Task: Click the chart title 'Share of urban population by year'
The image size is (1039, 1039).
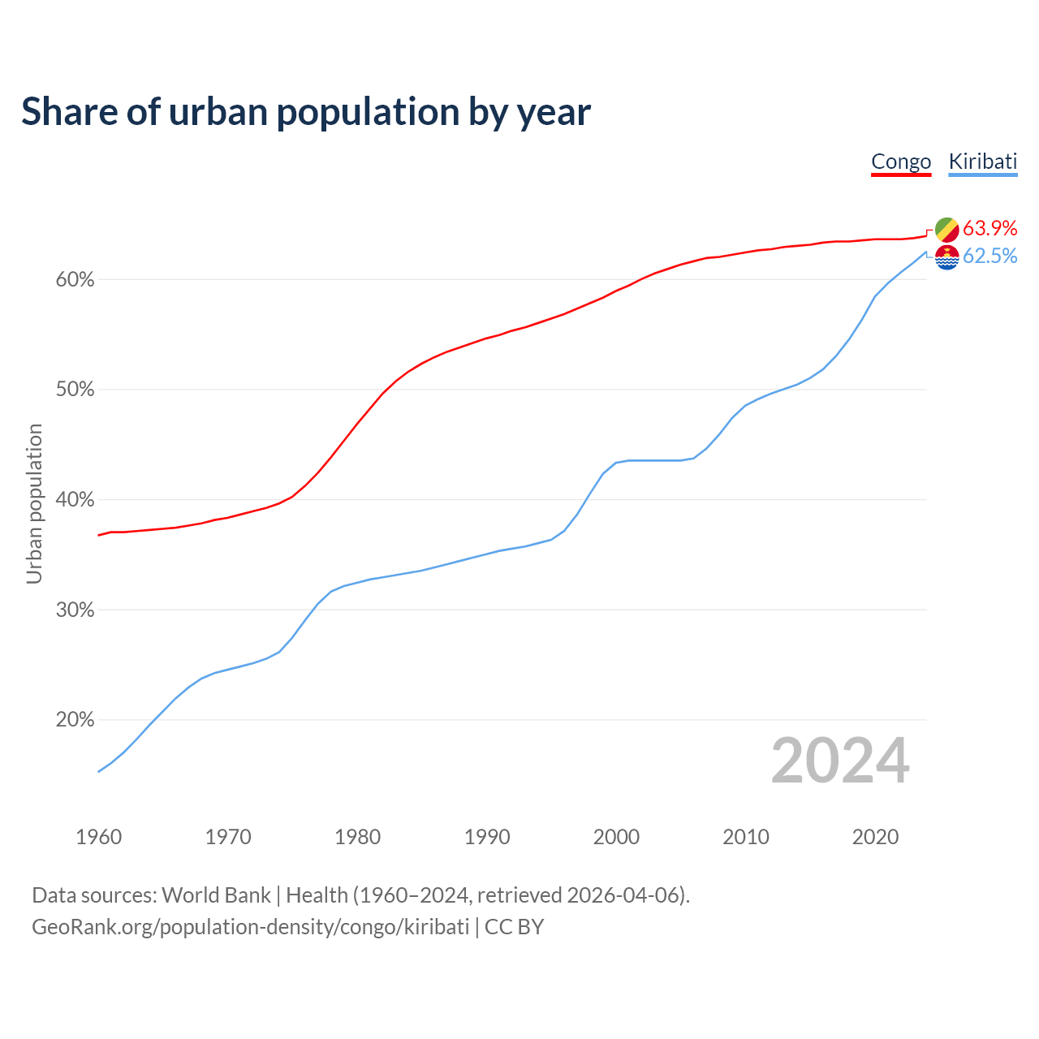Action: pyautogui.click(x=306, y=112)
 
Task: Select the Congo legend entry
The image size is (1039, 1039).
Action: pyautogui.click(x=901, y=162)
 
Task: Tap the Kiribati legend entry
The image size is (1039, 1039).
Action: pyautogui.click(x=982, y=162)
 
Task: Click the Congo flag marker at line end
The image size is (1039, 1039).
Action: pyautogui.click(x=946, y=230)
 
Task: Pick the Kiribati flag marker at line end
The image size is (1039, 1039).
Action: pyautogui.click(x=946, y=257)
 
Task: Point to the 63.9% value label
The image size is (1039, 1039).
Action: pyautogui.click(x=989, y=228)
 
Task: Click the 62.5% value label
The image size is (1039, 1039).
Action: pyautogui.click(x=989, y=257)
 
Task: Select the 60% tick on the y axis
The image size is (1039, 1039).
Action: pyautogui.click(x=75, y=280)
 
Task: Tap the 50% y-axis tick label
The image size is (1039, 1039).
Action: pyautogui.click(x=75, y=390)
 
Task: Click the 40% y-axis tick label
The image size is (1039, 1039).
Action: pyautogui.click(x=75, y=500)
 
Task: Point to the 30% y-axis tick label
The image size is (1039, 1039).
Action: pyautogui.click(x=75, y=610)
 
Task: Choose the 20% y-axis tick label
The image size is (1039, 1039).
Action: pyautogui.click(x=75, y=720)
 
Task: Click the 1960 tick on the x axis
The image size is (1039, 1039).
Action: pyautogui.click(x=98, y=837)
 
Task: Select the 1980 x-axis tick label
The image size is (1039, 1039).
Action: pyautogui.click(x=357, y=837)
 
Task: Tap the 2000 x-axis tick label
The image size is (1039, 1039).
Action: pyautogui.click(x=616, y=837)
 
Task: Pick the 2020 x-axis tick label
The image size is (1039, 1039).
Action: pyautogui.click(x=875, y=837)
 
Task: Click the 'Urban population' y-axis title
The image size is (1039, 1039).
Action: pyautogui.click(x=34, y=503)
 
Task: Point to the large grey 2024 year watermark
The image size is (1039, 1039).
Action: pyautogui.click(x=840, y=761)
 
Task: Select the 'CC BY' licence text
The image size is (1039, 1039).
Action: pyautogui.click(x=514, y=927)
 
